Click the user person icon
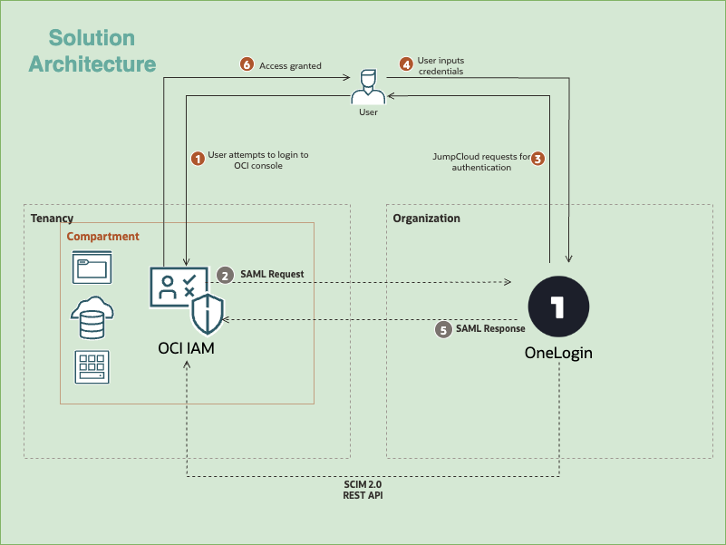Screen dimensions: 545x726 [368, 87]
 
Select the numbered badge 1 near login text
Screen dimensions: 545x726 [197, 159]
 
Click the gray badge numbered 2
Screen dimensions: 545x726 [225, 274]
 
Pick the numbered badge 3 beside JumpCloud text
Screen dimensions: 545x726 [537, 159]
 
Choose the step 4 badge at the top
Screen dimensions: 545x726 [406, 63]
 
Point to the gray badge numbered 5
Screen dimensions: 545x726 [443, 330]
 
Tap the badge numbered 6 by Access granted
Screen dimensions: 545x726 [247, 64]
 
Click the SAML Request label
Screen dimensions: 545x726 [272, 274]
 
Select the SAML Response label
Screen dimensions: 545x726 [490, 329]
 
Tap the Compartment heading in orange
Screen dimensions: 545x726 [103, 236]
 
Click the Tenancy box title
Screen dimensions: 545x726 [52, 219]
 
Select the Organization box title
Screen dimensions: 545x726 [426, 219]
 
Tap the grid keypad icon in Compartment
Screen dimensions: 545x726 [92, 367]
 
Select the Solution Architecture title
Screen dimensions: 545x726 [92, 51]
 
